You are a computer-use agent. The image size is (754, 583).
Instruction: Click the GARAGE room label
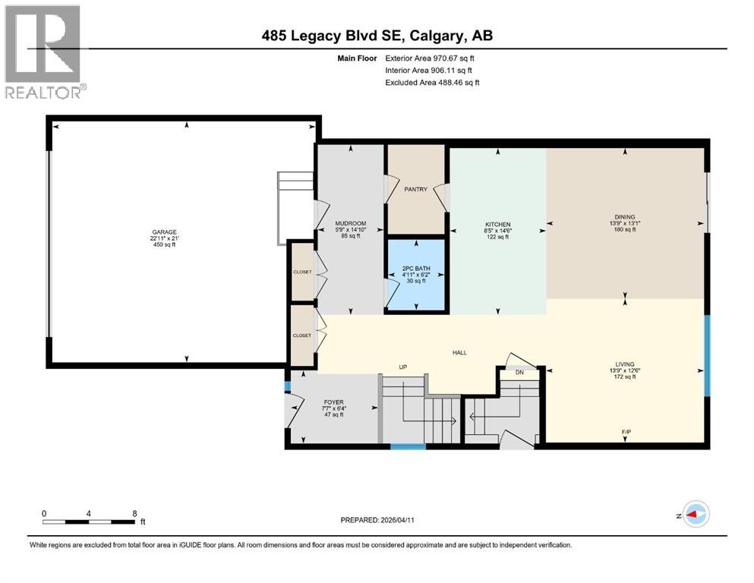point(165,232)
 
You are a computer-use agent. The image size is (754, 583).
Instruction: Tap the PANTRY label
point(416,189)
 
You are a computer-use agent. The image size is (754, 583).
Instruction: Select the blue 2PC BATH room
point(416,275)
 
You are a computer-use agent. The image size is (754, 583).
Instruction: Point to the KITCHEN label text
point(497,225)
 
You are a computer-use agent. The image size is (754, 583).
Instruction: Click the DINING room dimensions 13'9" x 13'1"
point(625,223)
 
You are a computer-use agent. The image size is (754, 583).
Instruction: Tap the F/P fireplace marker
point(626,432)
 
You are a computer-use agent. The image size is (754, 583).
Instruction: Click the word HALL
point(459,352)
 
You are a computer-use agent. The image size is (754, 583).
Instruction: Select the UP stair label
point(403,367)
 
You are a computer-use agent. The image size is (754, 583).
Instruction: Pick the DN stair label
point(519,373)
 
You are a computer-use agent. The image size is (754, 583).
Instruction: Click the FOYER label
point(334,402)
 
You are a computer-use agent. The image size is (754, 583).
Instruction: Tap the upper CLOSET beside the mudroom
point(302,272)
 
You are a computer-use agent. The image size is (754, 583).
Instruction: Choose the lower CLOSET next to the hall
point(302,336)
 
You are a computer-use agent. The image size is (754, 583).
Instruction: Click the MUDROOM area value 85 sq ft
point(351,236)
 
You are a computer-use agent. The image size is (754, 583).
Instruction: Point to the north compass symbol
point(692,515)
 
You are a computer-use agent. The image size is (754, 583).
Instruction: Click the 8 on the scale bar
point(134,513)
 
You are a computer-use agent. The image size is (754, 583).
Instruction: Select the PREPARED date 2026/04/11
point(397,520)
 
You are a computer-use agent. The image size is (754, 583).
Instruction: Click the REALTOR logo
point(44,52)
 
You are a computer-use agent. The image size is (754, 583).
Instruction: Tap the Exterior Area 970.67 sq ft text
point(430,58)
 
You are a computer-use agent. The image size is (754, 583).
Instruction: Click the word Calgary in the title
point(437,36)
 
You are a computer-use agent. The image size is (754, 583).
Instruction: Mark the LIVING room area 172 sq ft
point(625,377)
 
